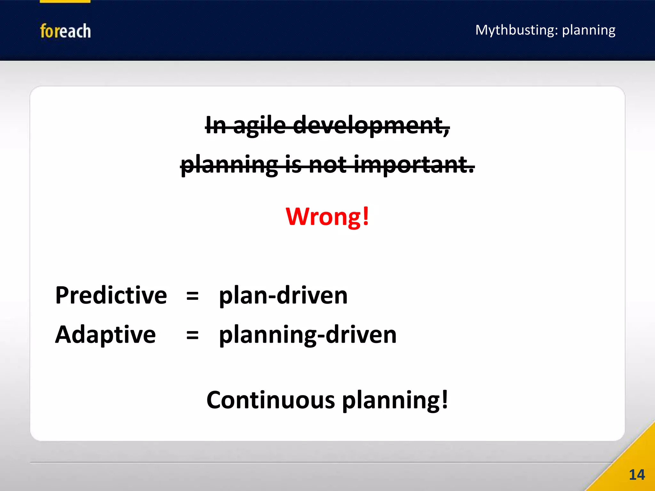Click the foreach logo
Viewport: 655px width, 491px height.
pyautogui.click(x=65, y=31)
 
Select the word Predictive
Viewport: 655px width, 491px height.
pyautogui.click(x=111, y=295)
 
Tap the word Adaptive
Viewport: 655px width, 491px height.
pyautogui.click(x=105, y=335)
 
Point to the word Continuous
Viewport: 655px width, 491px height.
pyautogui.click(x=271, y=400)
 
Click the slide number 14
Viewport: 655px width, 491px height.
pyautogui.click(x=636, y=475)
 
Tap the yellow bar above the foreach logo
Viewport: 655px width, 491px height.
pyautogui.click(x=65, y=1)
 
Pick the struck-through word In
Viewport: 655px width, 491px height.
pyautogui.click(x=216, y=125)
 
